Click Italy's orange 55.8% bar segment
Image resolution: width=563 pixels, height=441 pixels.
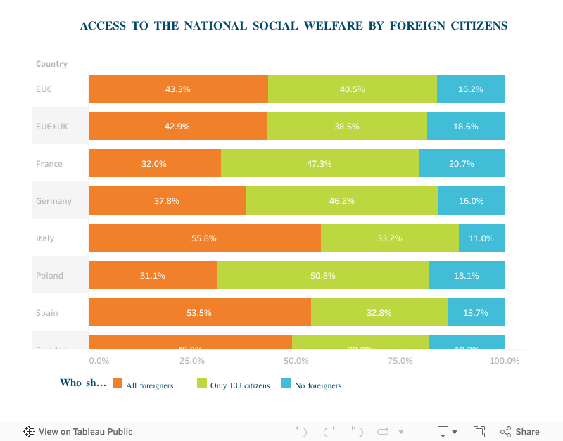[x=204, y=238]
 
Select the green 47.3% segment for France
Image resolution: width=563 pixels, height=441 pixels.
[x=320, y=163]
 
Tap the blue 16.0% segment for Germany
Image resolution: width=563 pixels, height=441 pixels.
[x=471, y=200]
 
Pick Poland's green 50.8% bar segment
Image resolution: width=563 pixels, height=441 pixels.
[x=323, y=275]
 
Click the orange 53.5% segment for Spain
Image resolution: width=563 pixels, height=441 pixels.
[x=199, y=312]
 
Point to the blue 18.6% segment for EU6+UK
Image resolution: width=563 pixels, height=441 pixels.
[x=465, y=126]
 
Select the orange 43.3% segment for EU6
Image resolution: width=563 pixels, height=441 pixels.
[x=178, y=89]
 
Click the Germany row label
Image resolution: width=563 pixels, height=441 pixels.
[x=53, y=201]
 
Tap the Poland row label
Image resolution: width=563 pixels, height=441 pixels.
[x=49, y=276]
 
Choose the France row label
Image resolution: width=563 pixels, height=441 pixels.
[x=49, y=164]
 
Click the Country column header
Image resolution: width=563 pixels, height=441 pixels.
[x=51, y=64]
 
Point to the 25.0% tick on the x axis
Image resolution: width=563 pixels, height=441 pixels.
[x=191, y=361]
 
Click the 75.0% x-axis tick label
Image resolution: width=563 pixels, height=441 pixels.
[x=400, y=361]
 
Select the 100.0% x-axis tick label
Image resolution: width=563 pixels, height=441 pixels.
[x=504, y=361]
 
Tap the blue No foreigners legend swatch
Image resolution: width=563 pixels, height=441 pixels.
[x=286, y=383]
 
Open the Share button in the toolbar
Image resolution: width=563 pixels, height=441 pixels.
[x=520, y=432]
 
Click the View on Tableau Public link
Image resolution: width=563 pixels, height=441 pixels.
[x=78, y=432]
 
